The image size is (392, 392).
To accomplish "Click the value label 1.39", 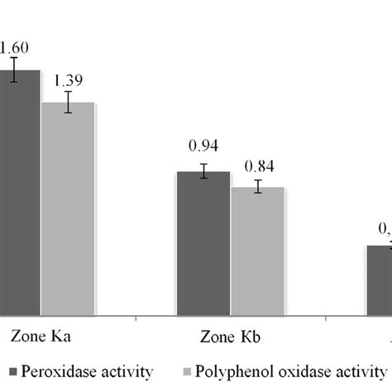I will pos(68,80).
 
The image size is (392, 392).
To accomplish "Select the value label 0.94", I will pos(203,146).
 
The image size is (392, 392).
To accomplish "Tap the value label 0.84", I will pos(257,163).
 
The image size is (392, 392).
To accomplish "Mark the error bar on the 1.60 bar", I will pos(14,69).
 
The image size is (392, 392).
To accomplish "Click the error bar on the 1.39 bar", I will pos(68,103).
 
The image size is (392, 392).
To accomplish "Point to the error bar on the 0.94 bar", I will pos(203,171).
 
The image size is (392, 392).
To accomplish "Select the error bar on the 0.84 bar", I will pos(257,186).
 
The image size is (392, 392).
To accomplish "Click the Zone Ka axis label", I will pos(39,337).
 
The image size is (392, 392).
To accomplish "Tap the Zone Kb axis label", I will pos(230,337).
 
